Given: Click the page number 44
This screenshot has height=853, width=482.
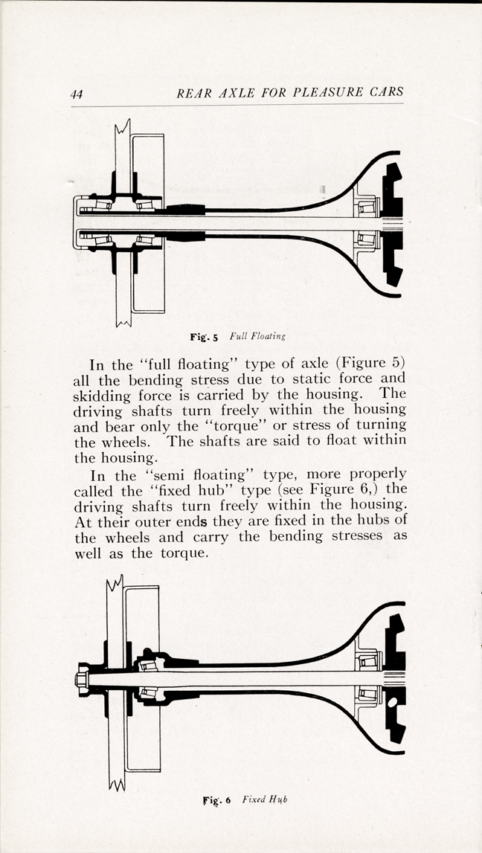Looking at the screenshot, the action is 76,94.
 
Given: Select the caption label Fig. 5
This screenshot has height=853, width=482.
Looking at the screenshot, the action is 204,337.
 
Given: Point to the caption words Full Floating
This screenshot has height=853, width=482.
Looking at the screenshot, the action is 257,336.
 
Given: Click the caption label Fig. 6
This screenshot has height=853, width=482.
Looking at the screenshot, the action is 217,800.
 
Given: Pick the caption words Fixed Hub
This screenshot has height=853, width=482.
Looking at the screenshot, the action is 264,799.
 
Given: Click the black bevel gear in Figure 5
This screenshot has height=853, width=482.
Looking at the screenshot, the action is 392,224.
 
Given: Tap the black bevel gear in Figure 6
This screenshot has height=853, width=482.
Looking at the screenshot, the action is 395,678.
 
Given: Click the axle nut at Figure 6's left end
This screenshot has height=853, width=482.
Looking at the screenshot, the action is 82,679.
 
